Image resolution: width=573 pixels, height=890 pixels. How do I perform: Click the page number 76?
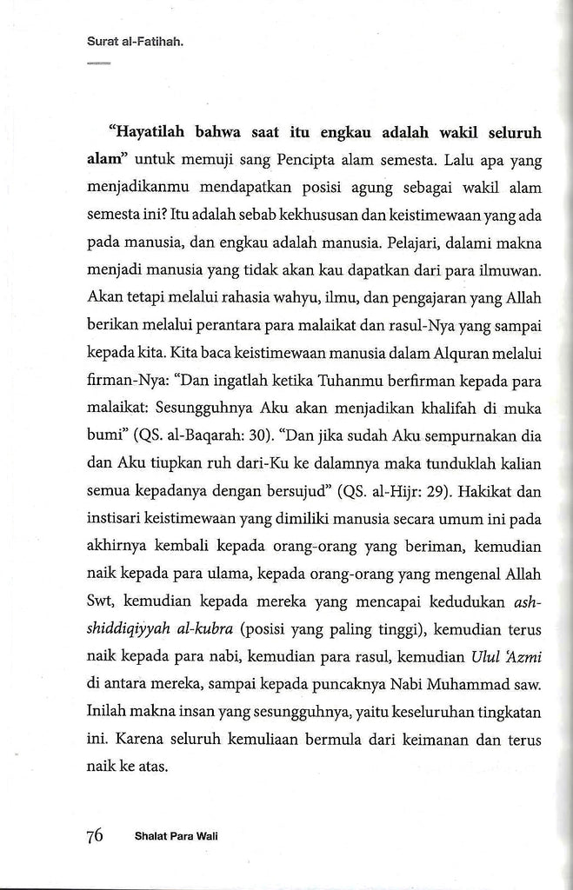[x=94, y=836]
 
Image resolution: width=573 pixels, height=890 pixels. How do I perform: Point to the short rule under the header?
[x=98, y=63]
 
